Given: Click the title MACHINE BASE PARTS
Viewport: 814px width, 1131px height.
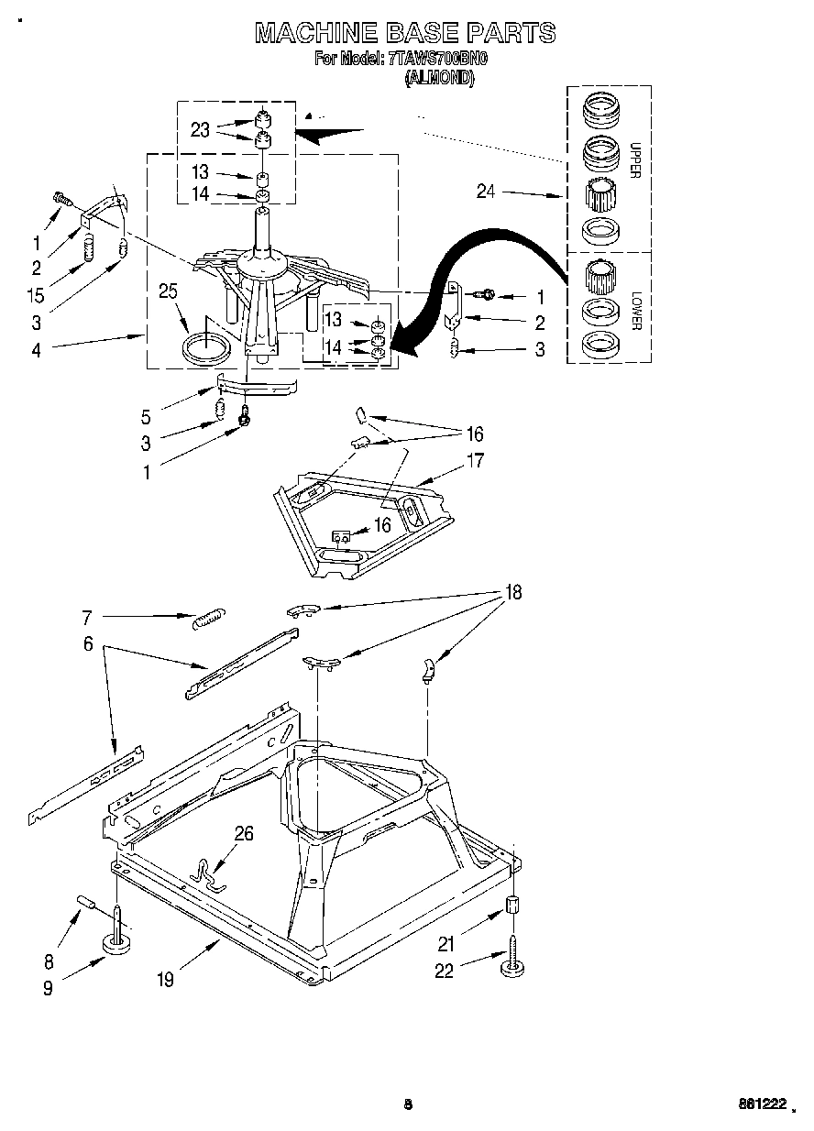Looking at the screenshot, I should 404,33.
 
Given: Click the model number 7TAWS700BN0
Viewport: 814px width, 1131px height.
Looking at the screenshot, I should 437,60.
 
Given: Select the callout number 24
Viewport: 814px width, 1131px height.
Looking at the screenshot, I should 487,192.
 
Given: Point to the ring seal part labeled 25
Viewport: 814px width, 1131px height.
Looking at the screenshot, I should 207,350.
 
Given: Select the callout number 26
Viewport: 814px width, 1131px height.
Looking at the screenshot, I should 244,834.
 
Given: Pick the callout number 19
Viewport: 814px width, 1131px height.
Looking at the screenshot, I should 164,980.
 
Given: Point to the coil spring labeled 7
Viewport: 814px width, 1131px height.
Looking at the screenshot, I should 209,619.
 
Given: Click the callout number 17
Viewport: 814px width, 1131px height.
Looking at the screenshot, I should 474,461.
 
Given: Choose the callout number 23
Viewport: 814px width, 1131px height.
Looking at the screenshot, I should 200,129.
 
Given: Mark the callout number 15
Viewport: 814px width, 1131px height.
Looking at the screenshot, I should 36,296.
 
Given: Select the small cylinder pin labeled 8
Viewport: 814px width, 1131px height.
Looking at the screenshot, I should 86,904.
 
